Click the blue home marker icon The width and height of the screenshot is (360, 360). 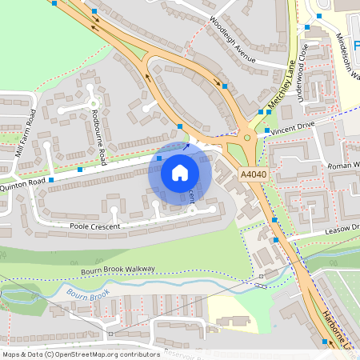tap(180, 171)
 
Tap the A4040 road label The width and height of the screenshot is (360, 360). tap(252, 174)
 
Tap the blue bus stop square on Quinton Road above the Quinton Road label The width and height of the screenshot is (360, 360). tap(51, 180)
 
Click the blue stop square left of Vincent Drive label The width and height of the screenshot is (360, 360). tap(267, 130)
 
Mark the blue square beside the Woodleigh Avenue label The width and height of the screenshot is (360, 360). tap(225, 86)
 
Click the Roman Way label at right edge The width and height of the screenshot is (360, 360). tap(345, 166)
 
